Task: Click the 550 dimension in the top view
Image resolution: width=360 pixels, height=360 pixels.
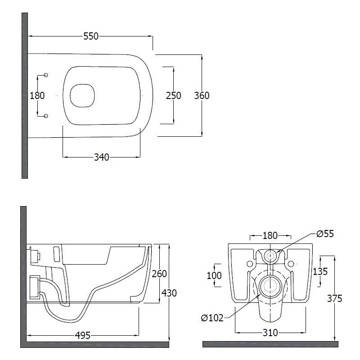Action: point(91,36)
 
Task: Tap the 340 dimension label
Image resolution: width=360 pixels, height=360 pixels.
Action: point(102,157)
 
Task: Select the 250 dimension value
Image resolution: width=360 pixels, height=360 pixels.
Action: point(174,95)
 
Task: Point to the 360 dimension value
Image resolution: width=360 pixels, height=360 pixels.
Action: point(202,95)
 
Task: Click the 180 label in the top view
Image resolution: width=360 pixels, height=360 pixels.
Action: point(37,95)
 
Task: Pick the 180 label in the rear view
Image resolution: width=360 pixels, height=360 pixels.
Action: point(270,235)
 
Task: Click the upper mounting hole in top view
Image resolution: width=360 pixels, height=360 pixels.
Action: point(46,75)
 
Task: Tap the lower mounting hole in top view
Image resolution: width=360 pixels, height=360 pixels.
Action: point(46,116)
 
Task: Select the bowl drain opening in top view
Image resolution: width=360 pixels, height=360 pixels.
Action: point(82,95)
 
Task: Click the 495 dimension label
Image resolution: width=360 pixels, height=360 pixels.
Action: point(83,335)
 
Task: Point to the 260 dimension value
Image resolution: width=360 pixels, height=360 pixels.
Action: point(159,274)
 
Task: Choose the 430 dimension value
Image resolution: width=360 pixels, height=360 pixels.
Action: point(169,293)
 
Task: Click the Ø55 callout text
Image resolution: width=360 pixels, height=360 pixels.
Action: point(325,234)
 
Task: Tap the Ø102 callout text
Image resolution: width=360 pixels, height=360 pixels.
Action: point(212,318)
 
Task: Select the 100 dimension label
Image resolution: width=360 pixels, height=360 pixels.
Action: point(214,275)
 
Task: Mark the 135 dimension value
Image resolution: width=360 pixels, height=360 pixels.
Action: point(320,272)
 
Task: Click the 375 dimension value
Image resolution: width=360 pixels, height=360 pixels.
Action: point(335,298)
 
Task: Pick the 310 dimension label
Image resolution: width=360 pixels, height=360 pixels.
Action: point(270,333)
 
